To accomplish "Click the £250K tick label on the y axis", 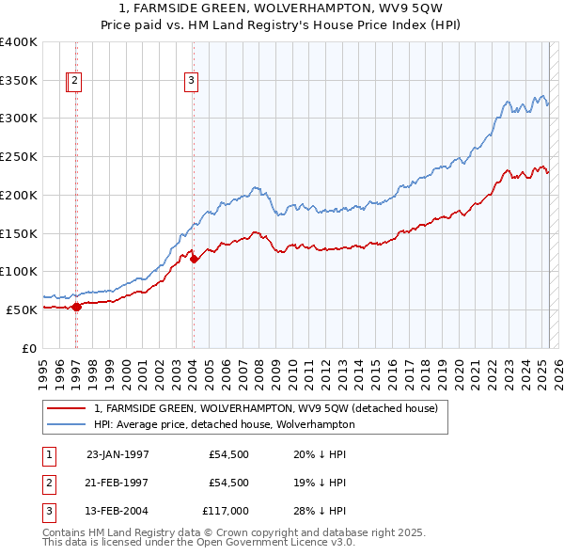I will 19,157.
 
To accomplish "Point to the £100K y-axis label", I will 19,272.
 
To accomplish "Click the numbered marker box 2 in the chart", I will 74,82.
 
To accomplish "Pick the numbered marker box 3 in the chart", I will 191,82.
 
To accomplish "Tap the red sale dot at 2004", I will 195,259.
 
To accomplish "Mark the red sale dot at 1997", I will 77,306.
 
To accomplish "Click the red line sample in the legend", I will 67,408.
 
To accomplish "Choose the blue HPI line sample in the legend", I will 67,424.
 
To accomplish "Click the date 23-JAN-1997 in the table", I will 117,454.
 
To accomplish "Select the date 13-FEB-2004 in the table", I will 117,511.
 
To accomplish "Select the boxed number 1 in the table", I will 47,454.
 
